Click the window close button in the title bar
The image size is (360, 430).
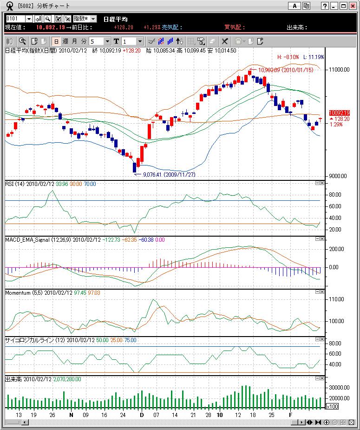pos(353,6)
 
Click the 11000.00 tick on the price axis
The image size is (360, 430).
pos(339,70)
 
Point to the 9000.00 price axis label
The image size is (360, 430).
pos(338,176)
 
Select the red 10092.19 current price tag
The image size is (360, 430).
pos(339,113)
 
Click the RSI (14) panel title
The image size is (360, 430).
pos(14,184)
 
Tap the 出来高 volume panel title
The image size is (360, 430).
pos(14,379)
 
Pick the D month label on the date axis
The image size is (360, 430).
pos(142,414)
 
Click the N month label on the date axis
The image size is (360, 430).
pos(71,414)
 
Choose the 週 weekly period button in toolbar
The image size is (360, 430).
pos(65,41)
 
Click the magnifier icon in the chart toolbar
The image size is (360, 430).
pos(22,41)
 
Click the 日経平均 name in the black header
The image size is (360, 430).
pos(115,19)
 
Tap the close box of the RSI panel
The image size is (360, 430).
pos(321,183)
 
